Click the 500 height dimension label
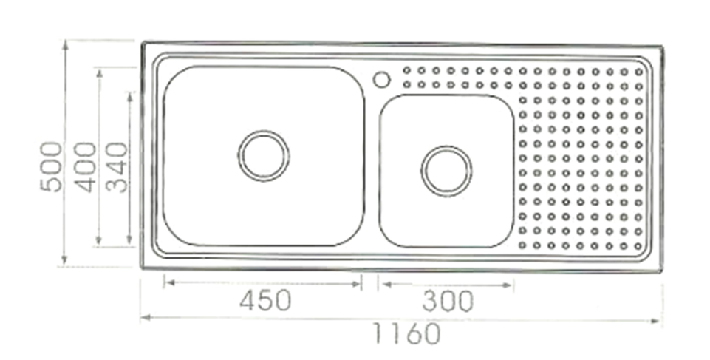51,167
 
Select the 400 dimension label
86,167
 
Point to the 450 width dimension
265,301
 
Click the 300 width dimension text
448,302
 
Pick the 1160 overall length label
406,334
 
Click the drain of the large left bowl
264,156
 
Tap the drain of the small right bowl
446,171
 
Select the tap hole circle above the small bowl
382,80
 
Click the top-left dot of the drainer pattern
406,70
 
